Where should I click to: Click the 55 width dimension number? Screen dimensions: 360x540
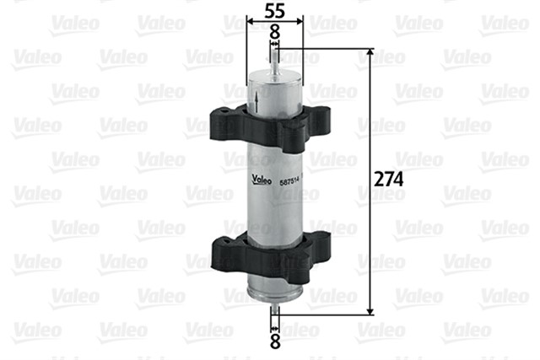tap(273, 12)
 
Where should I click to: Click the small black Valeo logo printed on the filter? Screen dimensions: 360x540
tap(259, 188)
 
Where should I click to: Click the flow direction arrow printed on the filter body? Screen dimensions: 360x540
tap(256, 106)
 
